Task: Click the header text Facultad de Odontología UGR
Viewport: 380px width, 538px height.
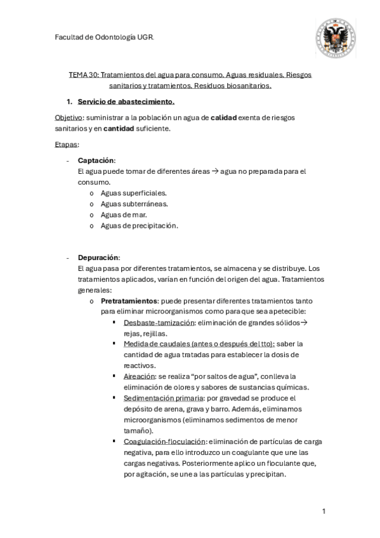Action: [x=104, y=37]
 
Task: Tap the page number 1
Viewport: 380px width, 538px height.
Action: [x=324, y=511]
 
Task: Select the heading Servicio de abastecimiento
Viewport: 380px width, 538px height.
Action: [x=126, y=102]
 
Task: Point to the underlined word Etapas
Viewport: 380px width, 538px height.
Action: [x=67, y=145]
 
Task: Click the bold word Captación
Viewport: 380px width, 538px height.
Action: [x=96, y=161]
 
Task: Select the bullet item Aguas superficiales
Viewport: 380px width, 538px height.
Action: [x=134, y=192]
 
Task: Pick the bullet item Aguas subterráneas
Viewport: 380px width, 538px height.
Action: [x=134, y=204]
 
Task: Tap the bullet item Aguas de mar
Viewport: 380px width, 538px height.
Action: [x=124, y=214]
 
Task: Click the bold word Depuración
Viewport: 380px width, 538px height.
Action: [x=98, y=258]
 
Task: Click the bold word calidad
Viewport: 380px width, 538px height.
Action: [x=223, y=118]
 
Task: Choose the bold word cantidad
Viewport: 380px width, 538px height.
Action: [x=122, y=129]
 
